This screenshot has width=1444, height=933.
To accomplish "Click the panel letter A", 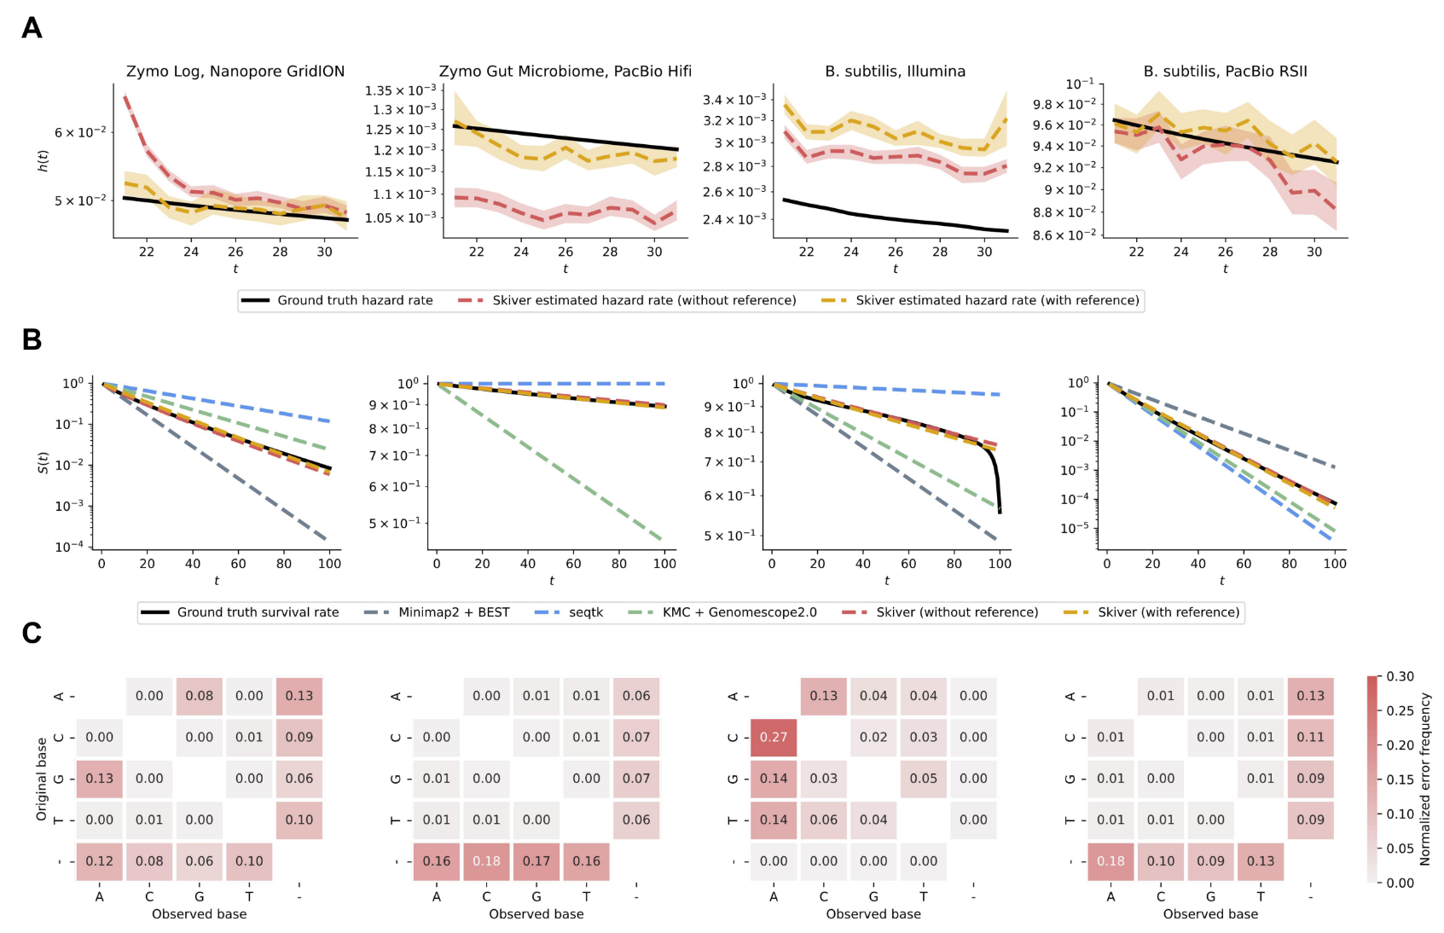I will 32,28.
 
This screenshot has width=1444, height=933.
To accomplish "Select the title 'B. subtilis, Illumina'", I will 895,72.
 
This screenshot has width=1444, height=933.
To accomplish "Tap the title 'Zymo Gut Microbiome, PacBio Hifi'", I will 565,72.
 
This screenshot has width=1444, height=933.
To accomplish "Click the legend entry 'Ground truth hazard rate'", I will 355,300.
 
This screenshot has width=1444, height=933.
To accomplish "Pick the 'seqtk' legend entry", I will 586,612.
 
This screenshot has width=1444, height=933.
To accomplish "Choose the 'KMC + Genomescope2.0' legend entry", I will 739,612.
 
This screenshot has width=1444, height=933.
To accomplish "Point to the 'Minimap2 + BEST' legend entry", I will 454,612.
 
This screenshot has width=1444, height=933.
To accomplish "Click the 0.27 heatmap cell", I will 774,737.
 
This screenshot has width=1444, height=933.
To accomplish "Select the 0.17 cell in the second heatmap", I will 536,861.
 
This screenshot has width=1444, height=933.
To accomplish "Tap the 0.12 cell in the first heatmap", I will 100,861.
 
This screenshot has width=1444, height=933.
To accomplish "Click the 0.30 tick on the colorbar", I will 1400,676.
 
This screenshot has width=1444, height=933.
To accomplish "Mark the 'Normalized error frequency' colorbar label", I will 1424,779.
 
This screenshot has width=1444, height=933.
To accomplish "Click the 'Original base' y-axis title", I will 41,779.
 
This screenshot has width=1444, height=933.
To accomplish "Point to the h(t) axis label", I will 43,160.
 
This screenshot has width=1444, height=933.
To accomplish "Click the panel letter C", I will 32,633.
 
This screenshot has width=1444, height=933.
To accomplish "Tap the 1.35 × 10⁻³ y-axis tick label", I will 400,91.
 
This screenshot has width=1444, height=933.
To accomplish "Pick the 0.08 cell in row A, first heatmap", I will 200,696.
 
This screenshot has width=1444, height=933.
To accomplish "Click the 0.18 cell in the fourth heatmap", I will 1111,861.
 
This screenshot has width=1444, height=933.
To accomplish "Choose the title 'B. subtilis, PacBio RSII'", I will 1225,72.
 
